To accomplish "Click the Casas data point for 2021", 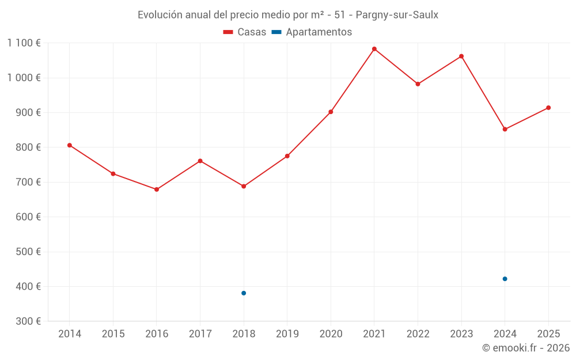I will click(374, 49).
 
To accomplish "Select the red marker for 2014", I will click(70, 145).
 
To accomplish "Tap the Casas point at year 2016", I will click(157, 190).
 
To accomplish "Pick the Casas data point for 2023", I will click(461, 56).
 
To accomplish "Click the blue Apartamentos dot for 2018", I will click(244, 293).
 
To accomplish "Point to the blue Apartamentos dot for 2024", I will click(505, 279).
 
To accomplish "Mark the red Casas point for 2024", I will click(505, 129).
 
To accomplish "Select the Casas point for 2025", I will click(548, 108).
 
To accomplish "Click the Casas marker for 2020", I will click(331, 112).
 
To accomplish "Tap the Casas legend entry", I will click(245, 32).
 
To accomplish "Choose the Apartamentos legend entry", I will click(312, 32).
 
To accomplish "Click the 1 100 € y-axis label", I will click(24, 43).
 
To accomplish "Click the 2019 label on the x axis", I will click(287, 334).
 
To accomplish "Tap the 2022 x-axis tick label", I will click(418, 334).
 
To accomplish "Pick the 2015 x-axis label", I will click(113, 334).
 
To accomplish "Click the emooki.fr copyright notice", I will click(525, 348).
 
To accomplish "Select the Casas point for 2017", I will click(200, 161).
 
